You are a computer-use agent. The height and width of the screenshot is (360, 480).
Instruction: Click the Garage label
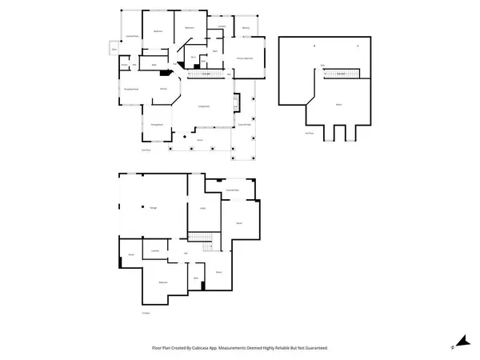pos(152,208)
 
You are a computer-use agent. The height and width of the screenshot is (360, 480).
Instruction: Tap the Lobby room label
pos(203,208)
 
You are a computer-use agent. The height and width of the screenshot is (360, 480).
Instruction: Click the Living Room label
pos(204,106)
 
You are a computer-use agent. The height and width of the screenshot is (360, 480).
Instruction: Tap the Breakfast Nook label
pos(130,89)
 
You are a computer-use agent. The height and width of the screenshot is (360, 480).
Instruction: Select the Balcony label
pos(246,28)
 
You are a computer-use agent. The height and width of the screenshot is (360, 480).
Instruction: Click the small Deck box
pos(115,50)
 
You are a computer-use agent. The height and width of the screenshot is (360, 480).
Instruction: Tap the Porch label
pos(199,139)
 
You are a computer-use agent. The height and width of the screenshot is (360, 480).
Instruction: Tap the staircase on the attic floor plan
pos(341,74)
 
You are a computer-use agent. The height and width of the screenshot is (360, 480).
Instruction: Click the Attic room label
pos(338,104)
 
